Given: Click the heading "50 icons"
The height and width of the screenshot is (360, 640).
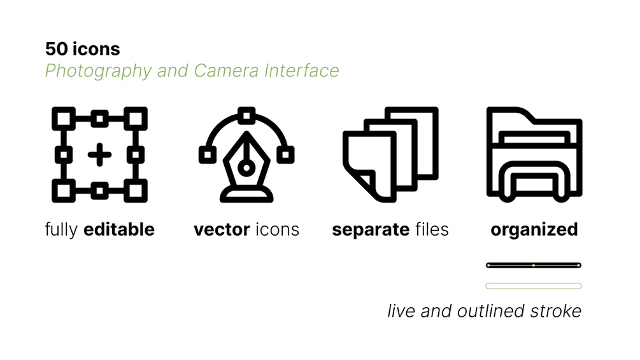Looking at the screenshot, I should (82, 48).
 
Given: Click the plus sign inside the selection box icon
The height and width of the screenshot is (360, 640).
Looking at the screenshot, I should (99, 154).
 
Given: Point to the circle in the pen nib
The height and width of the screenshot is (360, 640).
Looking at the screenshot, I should (246, 168).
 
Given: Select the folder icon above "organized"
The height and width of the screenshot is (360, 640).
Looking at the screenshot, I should (534, 154).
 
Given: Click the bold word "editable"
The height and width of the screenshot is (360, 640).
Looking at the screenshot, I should (119, 229).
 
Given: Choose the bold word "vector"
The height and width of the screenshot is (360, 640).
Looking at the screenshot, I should (221, 229).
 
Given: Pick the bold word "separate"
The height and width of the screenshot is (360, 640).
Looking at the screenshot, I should (370, 229).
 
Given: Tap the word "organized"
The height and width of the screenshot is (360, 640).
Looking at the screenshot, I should (534, 229).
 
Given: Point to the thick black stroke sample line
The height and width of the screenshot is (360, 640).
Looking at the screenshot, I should (534, 265).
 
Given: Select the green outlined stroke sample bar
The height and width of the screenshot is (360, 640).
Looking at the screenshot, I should (534, 285).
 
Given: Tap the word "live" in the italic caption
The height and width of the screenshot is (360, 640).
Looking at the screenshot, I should (401, 311).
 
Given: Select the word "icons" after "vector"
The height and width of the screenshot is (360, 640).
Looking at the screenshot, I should (277, 229).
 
